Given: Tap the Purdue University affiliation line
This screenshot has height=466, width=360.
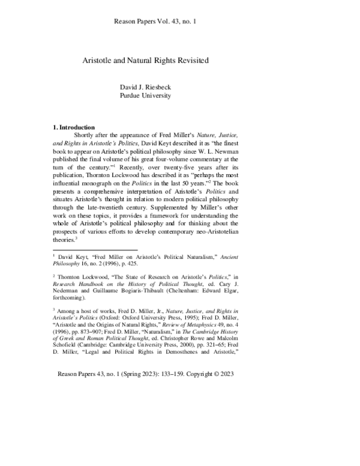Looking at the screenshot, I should tap(146, 95).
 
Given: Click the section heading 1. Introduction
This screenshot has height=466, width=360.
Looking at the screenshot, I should tap(74, 127).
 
